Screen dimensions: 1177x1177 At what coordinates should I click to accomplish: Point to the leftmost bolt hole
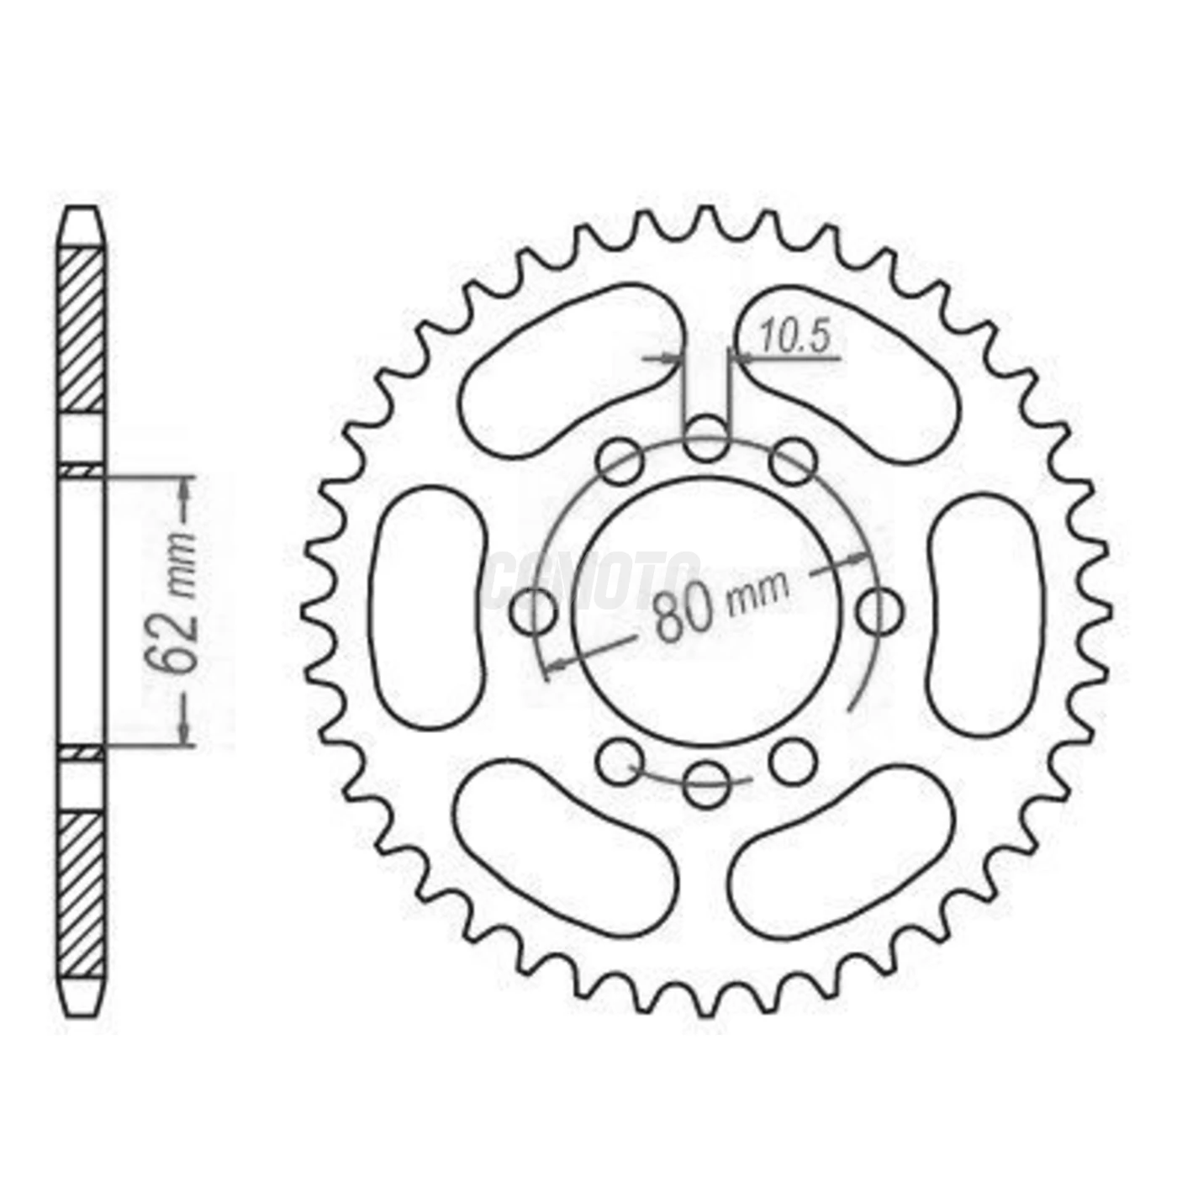click(533, 611)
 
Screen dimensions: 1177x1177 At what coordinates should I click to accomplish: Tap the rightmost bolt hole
click(879, 611)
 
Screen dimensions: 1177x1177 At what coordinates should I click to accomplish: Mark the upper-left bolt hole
click(620, 462)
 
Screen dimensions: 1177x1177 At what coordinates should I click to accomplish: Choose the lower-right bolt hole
click(794, 761)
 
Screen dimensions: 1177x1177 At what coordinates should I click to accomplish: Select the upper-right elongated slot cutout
click(845, 370)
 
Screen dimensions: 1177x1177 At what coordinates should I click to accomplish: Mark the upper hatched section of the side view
click(83, 330)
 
